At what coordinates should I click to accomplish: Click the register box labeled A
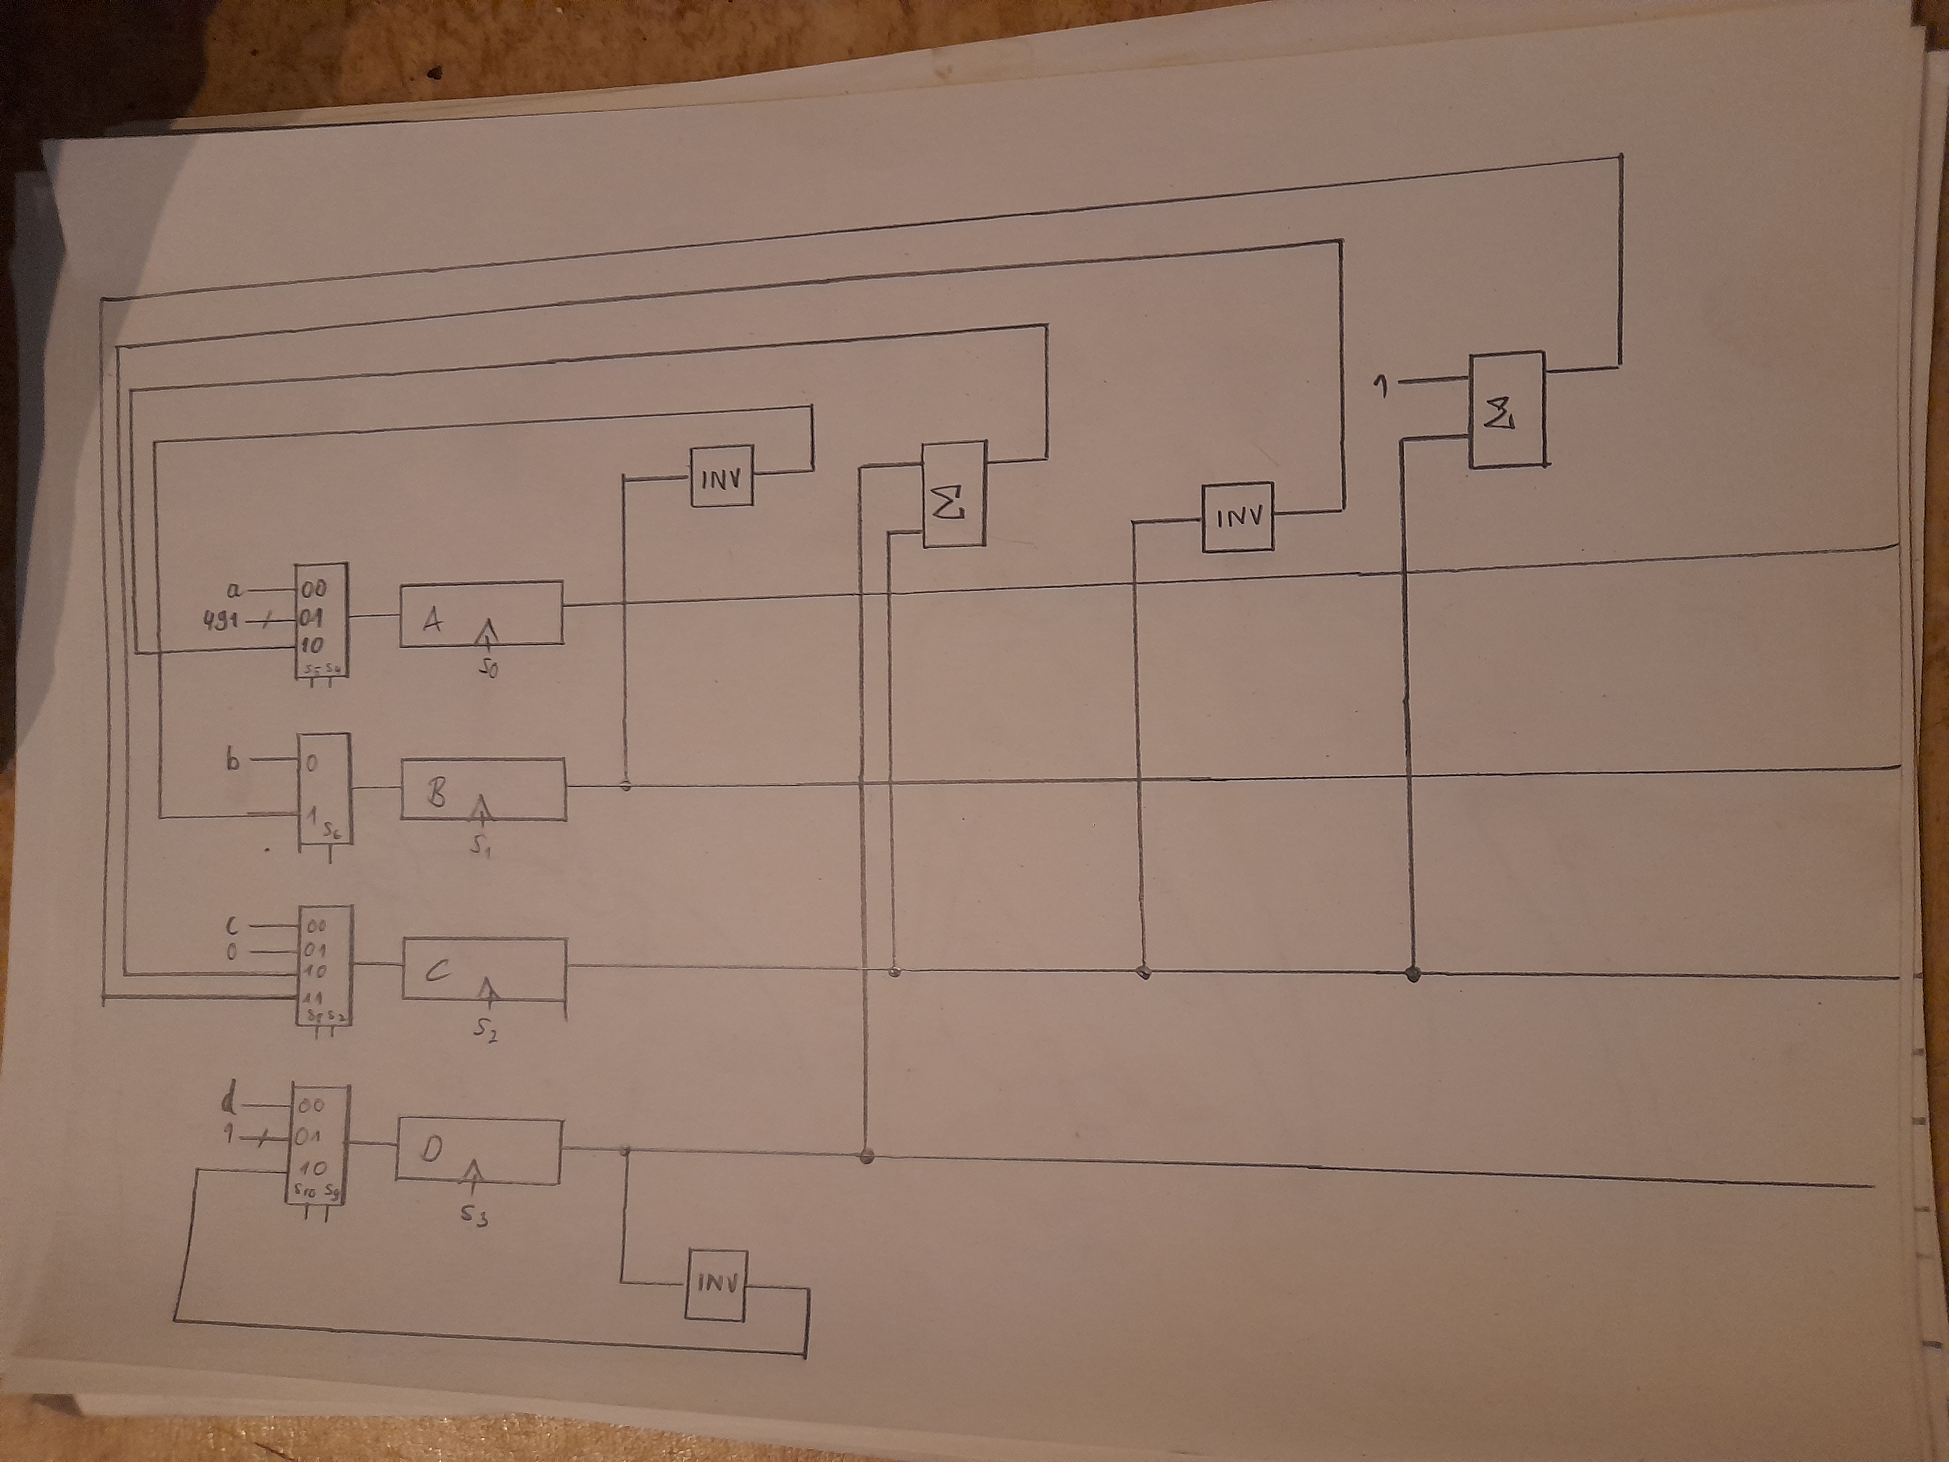click(x=481, y=614)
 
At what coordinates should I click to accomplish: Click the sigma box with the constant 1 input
click(x=1506, y=410)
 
